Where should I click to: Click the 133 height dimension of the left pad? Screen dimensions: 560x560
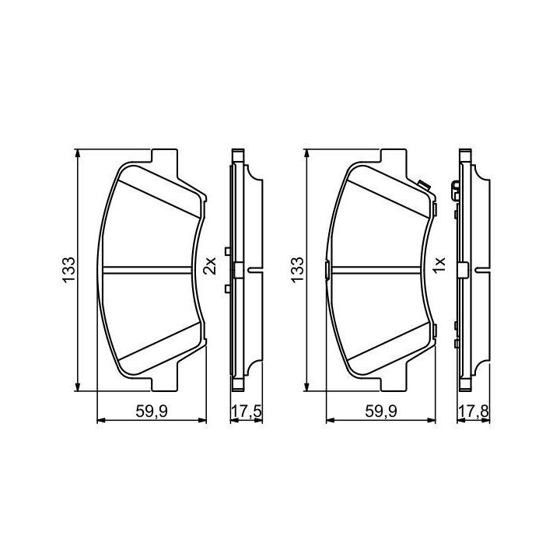coord(69,270)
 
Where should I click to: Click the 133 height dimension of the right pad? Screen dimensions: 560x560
coord(297,270)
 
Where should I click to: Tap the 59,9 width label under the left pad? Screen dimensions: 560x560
coord(152,411)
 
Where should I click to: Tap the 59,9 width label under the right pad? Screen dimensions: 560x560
coord(380,411)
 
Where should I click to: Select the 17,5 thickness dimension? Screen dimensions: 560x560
coord(247,411)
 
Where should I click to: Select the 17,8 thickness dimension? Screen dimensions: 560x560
coord(474,411)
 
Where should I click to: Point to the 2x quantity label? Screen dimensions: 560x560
coord(210,265)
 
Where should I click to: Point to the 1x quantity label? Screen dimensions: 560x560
coord(439,265)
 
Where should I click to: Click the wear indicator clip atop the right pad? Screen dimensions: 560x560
coord(424,186)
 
